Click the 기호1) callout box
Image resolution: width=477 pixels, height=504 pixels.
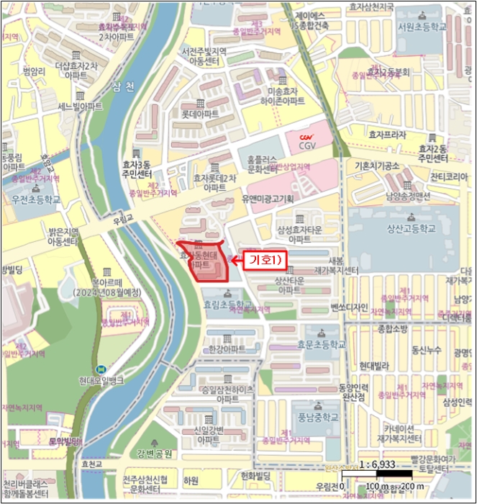click(x=265, y=258)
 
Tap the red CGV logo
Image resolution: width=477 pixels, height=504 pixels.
click(x=308, y=137)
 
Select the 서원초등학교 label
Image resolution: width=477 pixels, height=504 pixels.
click(x=421, y=27)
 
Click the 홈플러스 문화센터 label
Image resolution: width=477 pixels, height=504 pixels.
click(x=263, y=164)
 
